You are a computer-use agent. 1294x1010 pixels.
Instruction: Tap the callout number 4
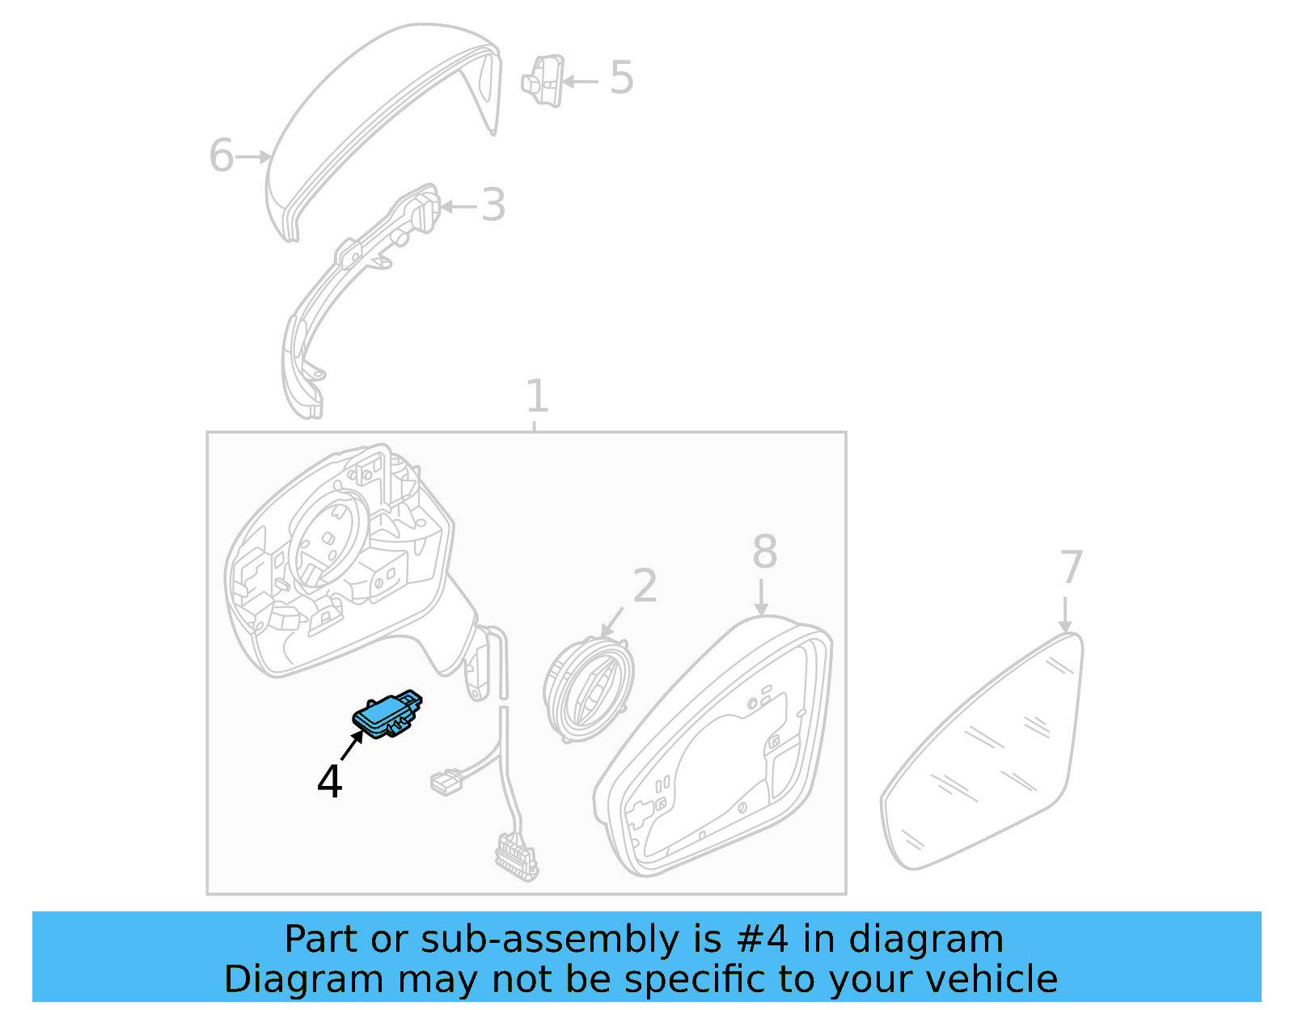(x=329, y=781)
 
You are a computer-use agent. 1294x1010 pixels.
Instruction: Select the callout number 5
(x=621, y=78)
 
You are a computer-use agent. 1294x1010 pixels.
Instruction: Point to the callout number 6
(x=222, y=155)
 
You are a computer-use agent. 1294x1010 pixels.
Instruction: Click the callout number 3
(x=493, y=205)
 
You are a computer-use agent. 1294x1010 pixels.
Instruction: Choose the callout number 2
(x=645, y=585)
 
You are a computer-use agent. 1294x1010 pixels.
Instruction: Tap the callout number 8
(x=765, y=551)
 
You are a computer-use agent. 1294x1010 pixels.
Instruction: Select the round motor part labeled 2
(x=588, y=690)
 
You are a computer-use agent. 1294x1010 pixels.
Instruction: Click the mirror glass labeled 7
(x=983, y=751)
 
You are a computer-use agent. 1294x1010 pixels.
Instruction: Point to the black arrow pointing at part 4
(x=353, y=745)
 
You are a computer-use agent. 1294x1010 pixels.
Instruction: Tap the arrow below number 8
(x=761, y=597)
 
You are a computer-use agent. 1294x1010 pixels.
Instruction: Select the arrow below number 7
(x=1065, y=615)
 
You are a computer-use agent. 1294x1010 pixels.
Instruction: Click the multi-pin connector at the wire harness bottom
(x=517, y=858)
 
